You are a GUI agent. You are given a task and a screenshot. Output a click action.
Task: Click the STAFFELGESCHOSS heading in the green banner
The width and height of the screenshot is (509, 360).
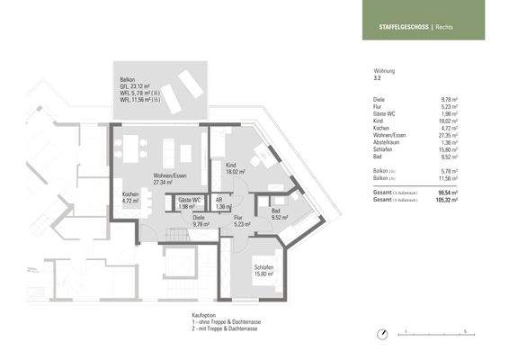click(x=396, y=27)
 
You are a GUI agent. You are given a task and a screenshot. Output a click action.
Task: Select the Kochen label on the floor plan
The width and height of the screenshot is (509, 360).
click(x=130, y=196)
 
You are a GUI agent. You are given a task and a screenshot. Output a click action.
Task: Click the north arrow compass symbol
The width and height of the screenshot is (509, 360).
click(x=384, y=332)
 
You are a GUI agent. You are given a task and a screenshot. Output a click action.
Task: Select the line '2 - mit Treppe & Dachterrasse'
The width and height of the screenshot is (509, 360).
click(x=219, y=329)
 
